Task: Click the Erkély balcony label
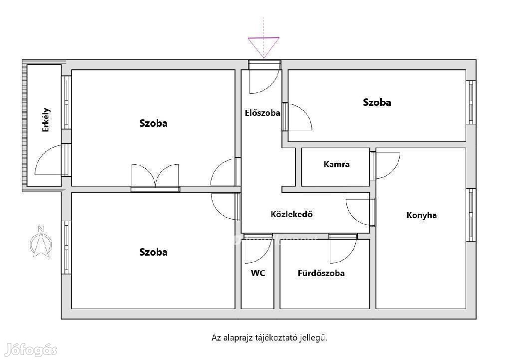point(46,120)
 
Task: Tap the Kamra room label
point(337,164)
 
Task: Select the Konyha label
point(421,215)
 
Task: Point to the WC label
point(258,273)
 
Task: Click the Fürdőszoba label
point(321,273)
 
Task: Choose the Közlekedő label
point(291,214)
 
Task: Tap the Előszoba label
point(262,113)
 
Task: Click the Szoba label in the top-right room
point(377,102)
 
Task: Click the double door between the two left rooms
point(156,176)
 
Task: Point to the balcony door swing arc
point(48,159)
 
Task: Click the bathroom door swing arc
point(343,251)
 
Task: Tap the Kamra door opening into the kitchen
point(386,166)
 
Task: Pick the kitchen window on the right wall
point(471,215)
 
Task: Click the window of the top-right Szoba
point(471,102)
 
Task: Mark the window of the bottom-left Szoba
point(66,248)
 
